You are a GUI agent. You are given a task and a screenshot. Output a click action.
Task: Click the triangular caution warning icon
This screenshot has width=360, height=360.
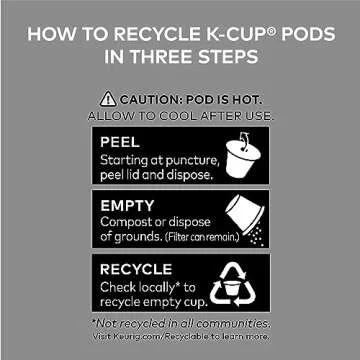tap(108, 99)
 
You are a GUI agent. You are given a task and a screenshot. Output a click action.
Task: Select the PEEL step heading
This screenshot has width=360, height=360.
tap(120, 142)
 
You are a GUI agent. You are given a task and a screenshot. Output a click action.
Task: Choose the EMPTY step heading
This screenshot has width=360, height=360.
tap(127, 206)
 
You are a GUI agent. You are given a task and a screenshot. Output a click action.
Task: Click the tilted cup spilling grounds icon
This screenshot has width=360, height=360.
tap(245, 220)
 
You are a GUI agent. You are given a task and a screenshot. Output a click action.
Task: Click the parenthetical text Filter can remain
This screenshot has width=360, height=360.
tap(202, 238)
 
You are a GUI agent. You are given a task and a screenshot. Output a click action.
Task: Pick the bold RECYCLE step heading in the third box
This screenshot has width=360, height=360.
tap(136, 269)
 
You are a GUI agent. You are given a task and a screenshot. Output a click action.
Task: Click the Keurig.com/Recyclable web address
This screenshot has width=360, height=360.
tap(161, 336)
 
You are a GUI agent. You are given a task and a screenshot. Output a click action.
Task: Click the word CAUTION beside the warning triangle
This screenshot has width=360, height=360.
tap(149, 99)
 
